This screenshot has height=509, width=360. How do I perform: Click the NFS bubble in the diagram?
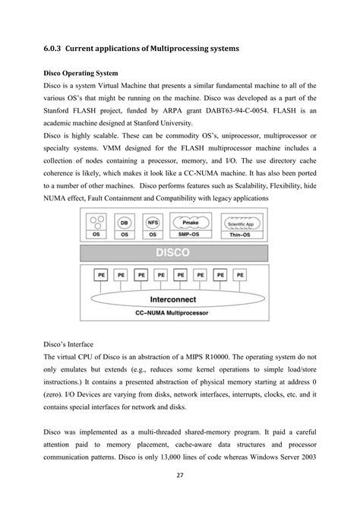[152, 223]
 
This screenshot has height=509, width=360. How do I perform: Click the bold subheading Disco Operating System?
[84, 74]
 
